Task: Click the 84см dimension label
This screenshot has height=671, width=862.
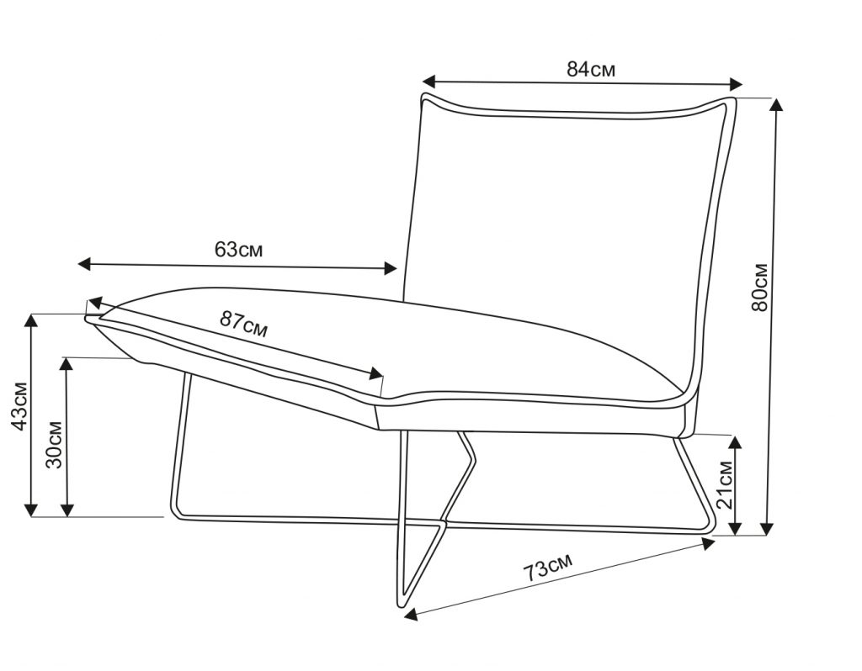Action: (591, 69)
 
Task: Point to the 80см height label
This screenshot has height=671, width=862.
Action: (758, 288)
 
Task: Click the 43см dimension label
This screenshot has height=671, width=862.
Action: (19, 405)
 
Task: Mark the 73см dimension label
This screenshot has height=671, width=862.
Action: (548, 568)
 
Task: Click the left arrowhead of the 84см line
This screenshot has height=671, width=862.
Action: (428, 81)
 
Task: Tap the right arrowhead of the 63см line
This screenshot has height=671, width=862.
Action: (391, 268)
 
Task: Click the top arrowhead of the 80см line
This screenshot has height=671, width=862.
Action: (775, 105)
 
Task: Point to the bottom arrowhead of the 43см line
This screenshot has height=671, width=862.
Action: (31, 510)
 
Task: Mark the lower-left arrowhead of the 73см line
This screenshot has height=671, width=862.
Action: (411, 616)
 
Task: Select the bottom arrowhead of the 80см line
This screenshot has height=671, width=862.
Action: (767, 529)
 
